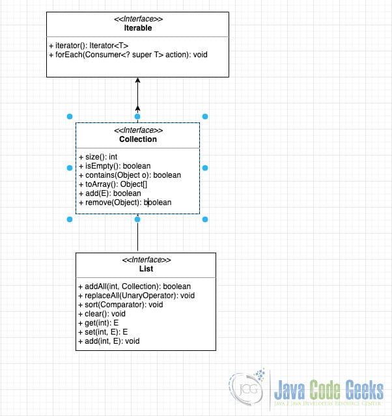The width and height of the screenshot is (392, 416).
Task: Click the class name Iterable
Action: coord(137,29)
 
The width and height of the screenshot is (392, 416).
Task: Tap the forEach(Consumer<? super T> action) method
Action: coord(128,55)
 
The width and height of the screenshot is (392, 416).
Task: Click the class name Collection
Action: coord(137,139)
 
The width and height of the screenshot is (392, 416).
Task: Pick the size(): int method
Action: coord(98,157)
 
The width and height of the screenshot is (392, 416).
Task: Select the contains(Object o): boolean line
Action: coord(130,175)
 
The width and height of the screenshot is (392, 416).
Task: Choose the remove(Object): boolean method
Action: coord(125,202)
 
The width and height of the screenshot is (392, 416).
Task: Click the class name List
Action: coord(146,270)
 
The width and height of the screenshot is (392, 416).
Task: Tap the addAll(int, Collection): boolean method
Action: coord(134,286)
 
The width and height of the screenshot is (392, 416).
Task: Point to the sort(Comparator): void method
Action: coord(120,305)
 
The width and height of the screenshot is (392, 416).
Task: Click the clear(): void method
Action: coord(102,314)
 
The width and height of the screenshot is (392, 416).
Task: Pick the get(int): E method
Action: coord(99,323)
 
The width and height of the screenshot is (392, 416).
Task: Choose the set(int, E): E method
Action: coord(102,332)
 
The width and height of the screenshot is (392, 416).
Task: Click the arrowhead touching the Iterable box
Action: coord(137,81)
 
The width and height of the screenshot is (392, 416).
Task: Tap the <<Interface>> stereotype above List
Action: coord(146,260)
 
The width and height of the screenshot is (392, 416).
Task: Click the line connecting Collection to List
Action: coord(137,238)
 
